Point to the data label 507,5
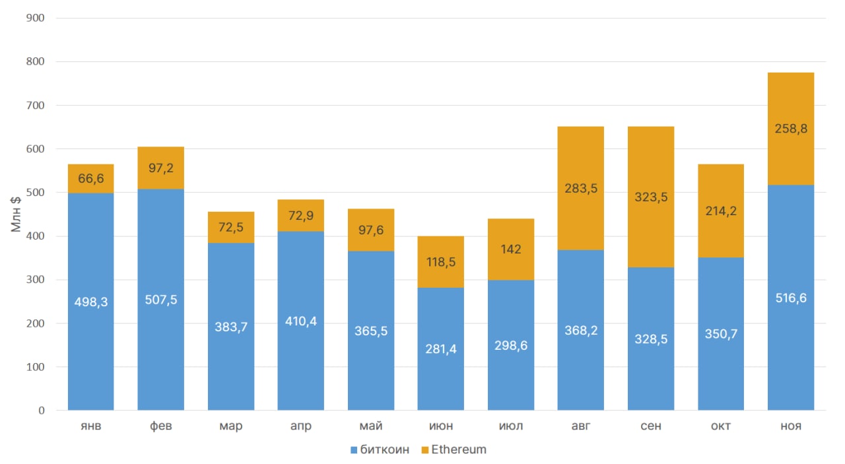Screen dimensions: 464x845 tap(161, 300)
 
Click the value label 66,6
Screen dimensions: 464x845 tap(91, 178)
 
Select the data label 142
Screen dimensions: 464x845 tap(511, 249)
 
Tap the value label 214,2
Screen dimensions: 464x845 tap(721, 211)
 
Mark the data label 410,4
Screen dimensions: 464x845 tap(301, 321)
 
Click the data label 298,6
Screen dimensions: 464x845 tap(511, 346)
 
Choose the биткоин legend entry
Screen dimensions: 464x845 tap(380, 449)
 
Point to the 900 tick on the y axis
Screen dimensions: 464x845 tap(34, 18)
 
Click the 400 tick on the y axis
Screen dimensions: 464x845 tap(34, 236)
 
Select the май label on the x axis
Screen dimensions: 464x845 tap(371, 426)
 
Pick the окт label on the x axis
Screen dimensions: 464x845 tap(721, 426)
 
